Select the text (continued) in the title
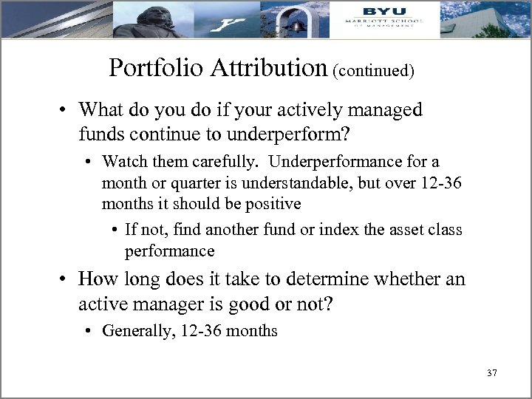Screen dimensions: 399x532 click(373, 70)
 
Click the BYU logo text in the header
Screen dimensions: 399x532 click(383, 11)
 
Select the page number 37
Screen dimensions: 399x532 click(492, 373)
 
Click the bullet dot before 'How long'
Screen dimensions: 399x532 click(66, 279)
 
